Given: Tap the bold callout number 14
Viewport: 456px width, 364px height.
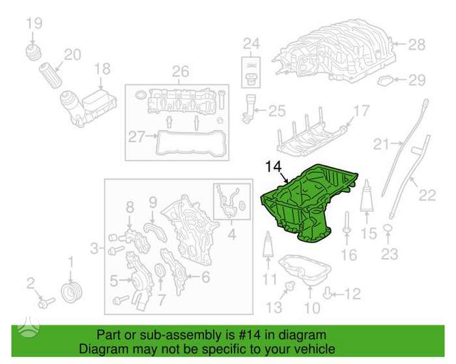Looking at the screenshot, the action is [274, 166].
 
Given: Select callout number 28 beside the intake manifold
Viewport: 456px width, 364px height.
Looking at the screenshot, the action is [417, 45].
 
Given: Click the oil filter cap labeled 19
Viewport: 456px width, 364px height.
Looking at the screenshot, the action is [33, 52].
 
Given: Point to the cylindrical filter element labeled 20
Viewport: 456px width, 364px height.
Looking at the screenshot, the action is [51, 75].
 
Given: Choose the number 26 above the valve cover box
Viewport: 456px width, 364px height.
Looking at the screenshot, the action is [180, 71].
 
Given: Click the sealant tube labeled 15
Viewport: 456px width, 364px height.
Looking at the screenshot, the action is [366, 196].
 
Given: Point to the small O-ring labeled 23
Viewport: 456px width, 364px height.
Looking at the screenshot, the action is [388, 229].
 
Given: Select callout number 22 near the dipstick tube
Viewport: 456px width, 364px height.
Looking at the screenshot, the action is [427, 195].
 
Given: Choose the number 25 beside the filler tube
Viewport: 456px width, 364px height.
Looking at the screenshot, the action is [277, 110].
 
